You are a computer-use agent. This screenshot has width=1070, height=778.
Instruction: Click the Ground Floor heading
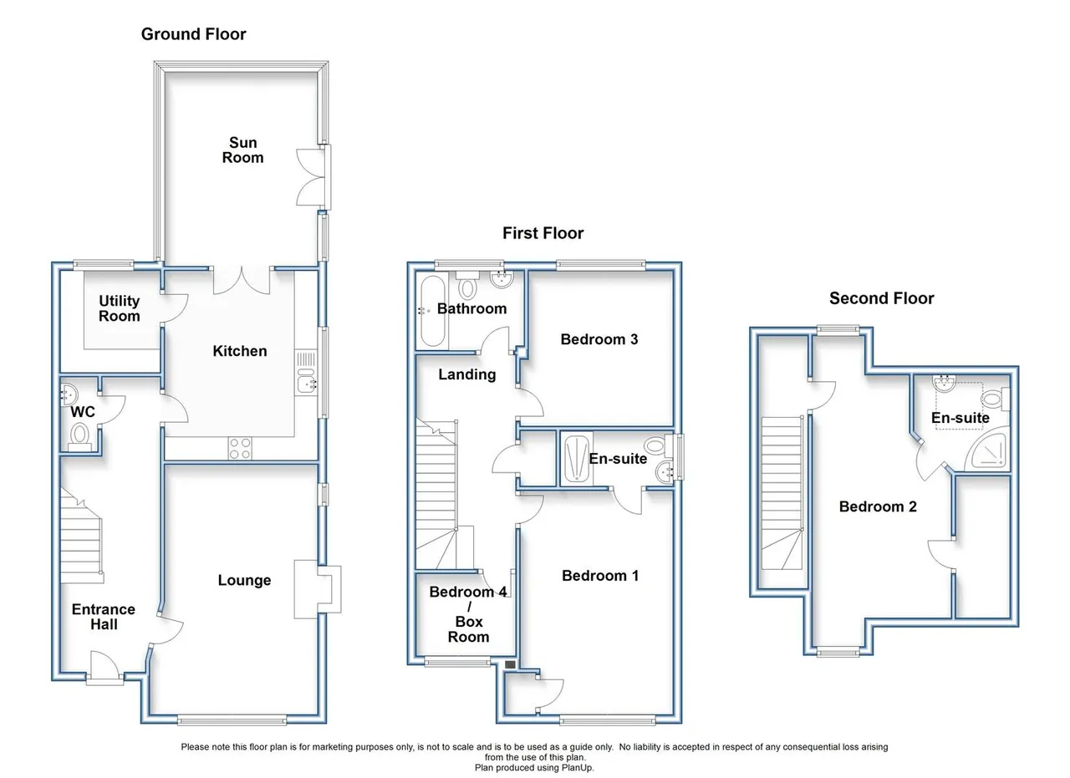pyautogui.click(x=193, y=34)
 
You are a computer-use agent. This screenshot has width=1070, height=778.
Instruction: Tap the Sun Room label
pyautogui.click(x=242, y=150)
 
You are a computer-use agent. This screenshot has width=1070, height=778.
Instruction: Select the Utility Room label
pyautogui.click(x=119, y=308)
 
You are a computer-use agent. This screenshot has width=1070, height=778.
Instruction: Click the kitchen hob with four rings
pyautogui.click(x=240, y=449)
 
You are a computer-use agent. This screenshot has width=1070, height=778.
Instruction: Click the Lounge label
pyautogui.click(x=245, y=580)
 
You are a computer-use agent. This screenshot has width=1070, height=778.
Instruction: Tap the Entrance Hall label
pyautogui.click(x=104, y=617)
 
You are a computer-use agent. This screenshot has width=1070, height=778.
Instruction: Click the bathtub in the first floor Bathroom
pyautogui.click(x=433, y=311)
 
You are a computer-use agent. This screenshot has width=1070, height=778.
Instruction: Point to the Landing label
pyautogui.click(x=467, y=374)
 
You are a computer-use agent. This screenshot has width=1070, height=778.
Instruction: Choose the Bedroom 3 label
pyautogui.click(x=599, y=339)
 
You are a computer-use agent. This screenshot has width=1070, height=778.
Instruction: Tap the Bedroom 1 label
pyautogui.click(x=600, y=576)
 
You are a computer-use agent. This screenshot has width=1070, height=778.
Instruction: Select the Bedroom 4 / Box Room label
pyautogui.click(x=468, y=614)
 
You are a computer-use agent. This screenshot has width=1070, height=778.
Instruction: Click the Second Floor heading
pyautogui.click(x=881, y=298)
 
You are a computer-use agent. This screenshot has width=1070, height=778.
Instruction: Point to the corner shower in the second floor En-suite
pyautogui.click(x=989, y=453)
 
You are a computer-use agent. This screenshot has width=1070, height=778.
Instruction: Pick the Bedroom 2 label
pyautogui.click(x=878, y=506)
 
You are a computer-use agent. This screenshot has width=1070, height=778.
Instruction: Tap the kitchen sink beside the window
pyautogui.click(x=306, y=383)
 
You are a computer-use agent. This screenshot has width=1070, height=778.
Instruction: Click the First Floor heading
pyautogui.click(x=543, y=233)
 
